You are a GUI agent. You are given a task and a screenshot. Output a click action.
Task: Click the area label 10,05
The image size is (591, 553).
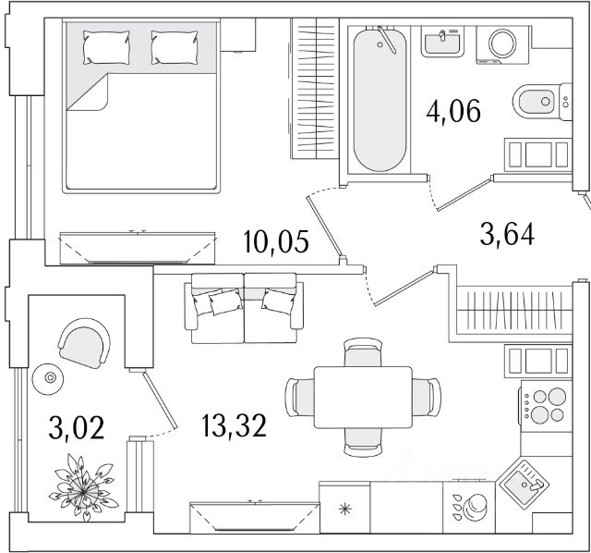pos(276,242)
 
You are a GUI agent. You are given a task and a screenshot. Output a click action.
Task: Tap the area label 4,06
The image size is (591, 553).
pos(453,111)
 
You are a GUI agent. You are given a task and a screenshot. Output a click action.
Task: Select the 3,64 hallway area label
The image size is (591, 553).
pos(507,234)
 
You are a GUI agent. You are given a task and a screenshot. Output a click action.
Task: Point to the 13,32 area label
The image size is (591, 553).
pos(234,425)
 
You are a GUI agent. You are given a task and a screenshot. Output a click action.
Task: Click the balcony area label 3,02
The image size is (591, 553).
pos(76,427)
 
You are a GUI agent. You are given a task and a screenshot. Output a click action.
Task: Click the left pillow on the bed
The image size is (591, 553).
pos(106,47)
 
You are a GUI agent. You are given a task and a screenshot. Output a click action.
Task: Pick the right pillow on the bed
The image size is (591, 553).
pos(175,47)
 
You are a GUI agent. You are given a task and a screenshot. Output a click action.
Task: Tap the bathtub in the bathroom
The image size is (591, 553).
pos(380,100)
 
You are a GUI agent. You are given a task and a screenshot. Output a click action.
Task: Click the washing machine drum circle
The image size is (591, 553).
pos(502,43)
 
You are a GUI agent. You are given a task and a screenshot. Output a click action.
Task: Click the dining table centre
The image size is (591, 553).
pos(363,397)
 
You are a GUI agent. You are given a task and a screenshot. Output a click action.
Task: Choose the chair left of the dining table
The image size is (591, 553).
pos(300,397)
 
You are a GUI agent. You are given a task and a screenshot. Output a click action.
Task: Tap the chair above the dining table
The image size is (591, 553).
pos(363,352)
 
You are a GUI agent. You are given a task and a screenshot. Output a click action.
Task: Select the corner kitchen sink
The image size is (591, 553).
pos(524,483)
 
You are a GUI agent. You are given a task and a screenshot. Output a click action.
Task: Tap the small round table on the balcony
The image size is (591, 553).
pos(48,378)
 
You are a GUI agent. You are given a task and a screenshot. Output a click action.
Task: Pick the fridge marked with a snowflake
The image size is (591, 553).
pos(344,508)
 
